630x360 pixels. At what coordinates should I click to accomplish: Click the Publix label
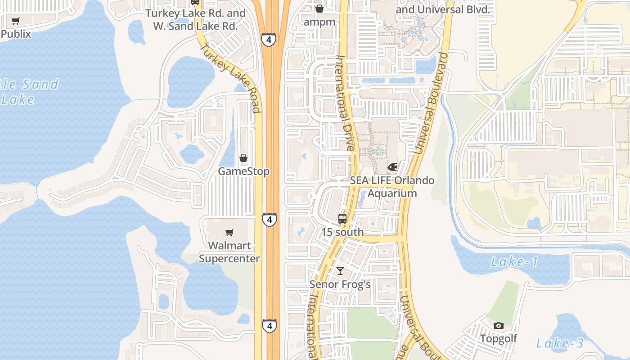[x=16, y=34]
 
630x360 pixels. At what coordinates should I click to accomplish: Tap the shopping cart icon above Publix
[x=16, y=21]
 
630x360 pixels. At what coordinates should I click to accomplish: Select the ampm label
[x=319, y=22]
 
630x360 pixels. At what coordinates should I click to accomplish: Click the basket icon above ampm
[x=319, y=9]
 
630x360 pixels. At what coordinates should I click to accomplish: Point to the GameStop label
[x=244, y=171]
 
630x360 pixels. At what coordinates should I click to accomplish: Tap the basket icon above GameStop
[x=243, y=158]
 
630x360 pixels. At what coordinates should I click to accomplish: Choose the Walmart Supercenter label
[x=229, y=252]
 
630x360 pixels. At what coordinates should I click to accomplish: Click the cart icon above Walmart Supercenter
[x=229, y=232]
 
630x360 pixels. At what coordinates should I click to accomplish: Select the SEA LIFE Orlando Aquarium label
[x=392, y=187]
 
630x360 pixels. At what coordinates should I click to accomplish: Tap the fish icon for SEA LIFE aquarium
[x=392, y=167]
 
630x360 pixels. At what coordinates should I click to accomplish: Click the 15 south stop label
[x=342, y=232]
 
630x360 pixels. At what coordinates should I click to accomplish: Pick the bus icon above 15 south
[x=342, y=219]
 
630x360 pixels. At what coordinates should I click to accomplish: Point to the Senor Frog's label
[x=340, y=284]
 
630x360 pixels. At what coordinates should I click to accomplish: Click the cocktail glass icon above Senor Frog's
[x=340, y=271]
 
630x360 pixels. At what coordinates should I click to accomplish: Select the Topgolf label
[x=499, y=338]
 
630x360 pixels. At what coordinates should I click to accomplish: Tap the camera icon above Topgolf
[x=499, y=325]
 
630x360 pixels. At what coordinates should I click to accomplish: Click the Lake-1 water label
[x=514, y=262]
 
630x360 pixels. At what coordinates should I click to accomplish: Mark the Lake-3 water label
[x=560, y=343]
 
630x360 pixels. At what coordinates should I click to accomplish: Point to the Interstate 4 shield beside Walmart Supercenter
[x=269, y=220]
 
